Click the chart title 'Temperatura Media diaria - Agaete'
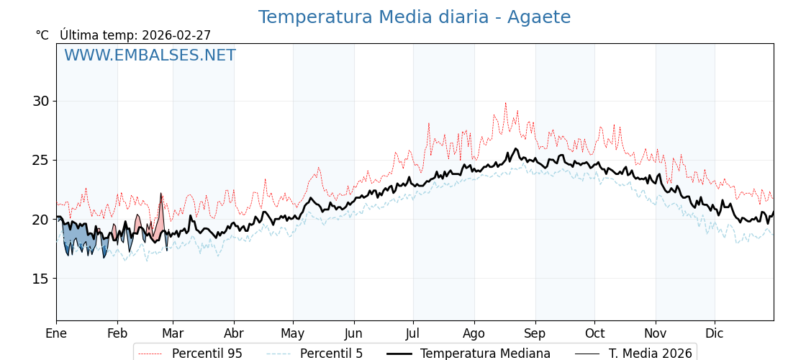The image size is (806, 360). [414, 17]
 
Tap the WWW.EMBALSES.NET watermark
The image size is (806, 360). [150, 55]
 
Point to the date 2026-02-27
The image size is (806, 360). [176, 35]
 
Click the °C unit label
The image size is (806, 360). [42, 35]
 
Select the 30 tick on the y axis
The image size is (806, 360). [40, 101]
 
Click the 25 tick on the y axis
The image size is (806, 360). [40, 160]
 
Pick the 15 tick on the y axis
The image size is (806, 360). [40, 279]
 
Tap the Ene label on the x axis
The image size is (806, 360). [56, 333]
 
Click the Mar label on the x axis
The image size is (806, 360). [173, 333]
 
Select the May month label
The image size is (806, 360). [293, 333]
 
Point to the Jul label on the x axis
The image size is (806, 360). [413, 333]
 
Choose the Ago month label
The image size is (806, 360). [474, 333]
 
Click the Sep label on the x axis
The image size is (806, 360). [535, 333]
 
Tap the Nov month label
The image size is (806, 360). [656, 333]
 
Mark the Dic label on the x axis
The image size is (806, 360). [715, 333]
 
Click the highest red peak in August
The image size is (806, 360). [505, 103]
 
